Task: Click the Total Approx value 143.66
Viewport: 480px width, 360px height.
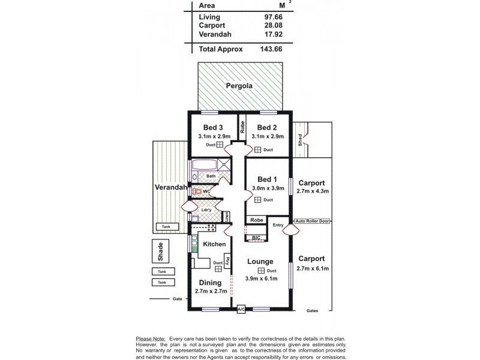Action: (272, 50)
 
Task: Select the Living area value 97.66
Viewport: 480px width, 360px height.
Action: (274, 17)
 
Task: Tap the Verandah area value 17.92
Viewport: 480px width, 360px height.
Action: (274, 35)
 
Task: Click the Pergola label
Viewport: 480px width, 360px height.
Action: (239, 86)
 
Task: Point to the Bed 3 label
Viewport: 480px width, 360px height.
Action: (213, 127)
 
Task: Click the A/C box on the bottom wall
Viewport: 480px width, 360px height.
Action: (241, 309)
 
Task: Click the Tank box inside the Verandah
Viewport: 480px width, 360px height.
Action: (164, 227)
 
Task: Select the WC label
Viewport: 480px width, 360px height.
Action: (206, 192)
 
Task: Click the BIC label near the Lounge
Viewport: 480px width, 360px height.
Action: (257, 238)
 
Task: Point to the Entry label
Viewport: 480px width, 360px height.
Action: (277, 225)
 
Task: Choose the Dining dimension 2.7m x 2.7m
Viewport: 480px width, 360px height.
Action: (211, 291)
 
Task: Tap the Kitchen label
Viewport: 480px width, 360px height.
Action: (214, 244)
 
